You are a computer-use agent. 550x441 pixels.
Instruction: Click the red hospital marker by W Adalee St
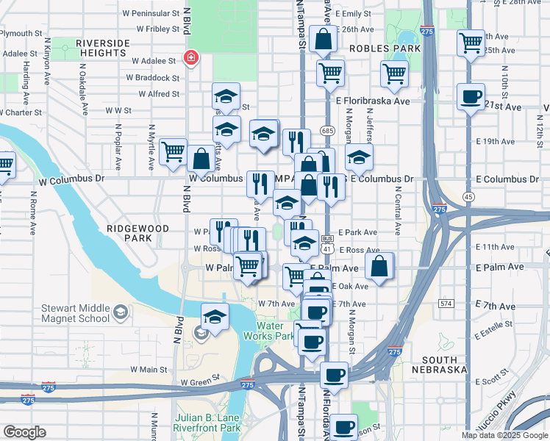coord(191,58)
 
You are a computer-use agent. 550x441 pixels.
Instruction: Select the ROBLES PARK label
coord(385,49)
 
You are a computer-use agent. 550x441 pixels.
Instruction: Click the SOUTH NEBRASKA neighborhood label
coord(440,365)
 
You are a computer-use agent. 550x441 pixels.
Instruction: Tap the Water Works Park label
coord(274,331)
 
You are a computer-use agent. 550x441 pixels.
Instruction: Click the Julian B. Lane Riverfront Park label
coord(207,423)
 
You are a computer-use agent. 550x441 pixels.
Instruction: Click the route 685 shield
coord(327,130)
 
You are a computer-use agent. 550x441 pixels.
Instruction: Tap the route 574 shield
coord(445,303)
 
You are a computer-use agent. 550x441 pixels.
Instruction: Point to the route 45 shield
coord(468,196)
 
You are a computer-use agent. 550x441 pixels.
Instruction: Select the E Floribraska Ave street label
coord(373,101)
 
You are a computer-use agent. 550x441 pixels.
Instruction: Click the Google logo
coord(24,432)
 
